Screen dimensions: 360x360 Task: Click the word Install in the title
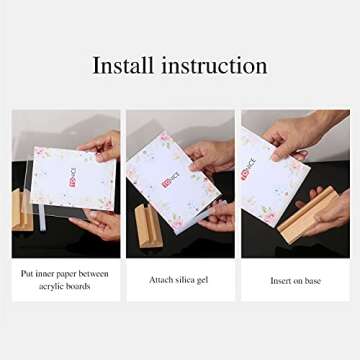[x=123, y=66]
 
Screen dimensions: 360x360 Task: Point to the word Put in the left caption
[x=31, y=273]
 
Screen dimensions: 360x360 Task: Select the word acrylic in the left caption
[x=53, y=286]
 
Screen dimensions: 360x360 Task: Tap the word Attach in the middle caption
[x=162, y=280]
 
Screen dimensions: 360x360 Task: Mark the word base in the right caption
[x=313, y=281]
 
